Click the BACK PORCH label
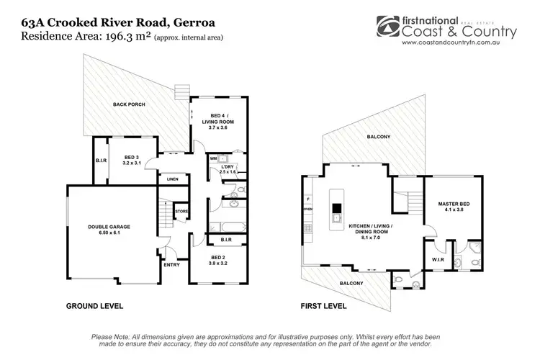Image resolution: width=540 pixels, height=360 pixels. (x=129, y=105)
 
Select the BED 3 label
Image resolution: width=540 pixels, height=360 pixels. (x=130, y=160)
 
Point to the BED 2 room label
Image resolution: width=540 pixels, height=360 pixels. (x=218, y=260)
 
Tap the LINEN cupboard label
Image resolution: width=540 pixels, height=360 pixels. (x=172, y=179)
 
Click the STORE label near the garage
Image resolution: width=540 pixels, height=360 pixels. (x=182, y=212)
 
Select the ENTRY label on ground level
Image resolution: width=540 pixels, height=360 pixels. (x=171, y=265)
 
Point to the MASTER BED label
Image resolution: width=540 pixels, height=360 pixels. (x=453, y=207)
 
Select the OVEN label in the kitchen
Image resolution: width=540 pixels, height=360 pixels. (x=308, y=210)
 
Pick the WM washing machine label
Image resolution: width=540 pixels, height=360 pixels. (x=214, y=157)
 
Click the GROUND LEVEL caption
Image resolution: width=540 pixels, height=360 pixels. (x=94, y=306)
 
